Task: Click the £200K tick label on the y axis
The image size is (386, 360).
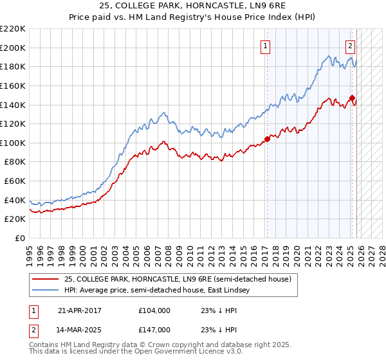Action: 13,48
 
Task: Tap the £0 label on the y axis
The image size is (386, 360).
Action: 19,239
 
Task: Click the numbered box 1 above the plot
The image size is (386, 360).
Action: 266,46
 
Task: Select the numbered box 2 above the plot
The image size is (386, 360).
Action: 350,46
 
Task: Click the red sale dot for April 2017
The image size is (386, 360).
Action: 267,139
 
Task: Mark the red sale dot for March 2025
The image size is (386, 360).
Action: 352,98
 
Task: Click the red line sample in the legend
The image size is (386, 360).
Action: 45,279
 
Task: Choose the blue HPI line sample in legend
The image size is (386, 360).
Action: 45,290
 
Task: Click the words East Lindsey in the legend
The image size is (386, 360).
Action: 239,290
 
